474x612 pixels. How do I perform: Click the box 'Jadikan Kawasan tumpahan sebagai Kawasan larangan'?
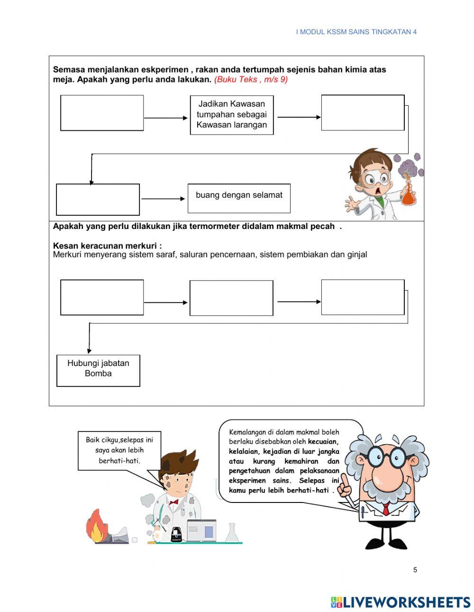(x=232, y=115)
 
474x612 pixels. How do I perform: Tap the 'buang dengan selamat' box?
(x=239, y=198)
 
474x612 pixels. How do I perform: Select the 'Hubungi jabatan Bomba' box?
(x=98, y=370)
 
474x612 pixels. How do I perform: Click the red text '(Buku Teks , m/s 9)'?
(x=251, y=80)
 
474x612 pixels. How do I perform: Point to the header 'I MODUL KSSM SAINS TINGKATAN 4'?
(x=356, y=32)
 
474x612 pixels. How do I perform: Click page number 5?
(x=415, y=570)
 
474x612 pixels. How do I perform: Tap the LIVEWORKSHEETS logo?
(x=401, y=602)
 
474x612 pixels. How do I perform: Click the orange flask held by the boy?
(x=408, y=196)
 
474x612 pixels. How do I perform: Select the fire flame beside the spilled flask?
(x=96, y=526)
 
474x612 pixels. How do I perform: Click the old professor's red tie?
(x=386, y=509)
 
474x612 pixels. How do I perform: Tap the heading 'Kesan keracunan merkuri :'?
(x=107, y=246)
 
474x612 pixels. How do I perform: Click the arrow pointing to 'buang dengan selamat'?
(x=163, y=199)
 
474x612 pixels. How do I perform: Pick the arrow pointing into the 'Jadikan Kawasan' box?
(x=166, y=118)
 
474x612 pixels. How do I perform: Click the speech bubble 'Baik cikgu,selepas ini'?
(x=119, y=450)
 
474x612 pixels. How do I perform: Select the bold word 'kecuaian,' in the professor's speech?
(x=323, y=442)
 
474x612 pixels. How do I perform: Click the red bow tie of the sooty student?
(x=173, y=502)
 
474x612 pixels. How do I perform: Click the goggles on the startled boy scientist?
(x=377, y=179)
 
